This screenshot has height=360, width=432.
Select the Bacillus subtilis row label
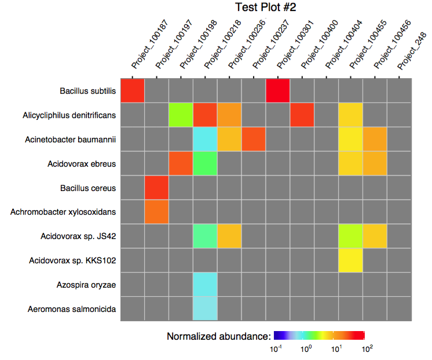[88, 91]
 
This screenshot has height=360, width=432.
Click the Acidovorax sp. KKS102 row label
[72, 260]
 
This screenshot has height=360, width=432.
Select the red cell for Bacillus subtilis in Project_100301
[278, 90]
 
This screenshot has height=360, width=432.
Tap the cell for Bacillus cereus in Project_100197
[156, 188]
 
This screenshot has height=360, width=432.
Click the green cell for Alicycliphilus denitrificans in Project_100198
[181, 115]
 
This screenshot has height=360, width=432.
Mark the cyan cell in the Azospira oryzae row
[205, 285]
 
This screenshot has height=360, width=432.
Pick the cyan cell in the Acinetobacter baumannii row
[205, 139]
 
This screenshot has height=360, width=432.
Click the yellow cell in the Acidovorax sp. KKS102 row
[351, 260]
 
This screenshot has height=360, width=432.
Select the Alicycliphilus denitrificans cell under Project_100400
[302, 115]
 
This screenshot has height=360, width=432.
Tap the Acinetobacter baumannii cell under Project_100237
[254, 139]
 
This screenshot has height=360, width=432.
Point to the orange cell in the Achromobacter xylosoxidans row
[156, 212]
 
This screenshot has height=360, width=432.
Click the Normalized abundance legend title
[218, 336]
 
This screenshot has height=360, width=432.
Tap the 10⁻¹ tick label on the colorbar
[276, 348]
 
